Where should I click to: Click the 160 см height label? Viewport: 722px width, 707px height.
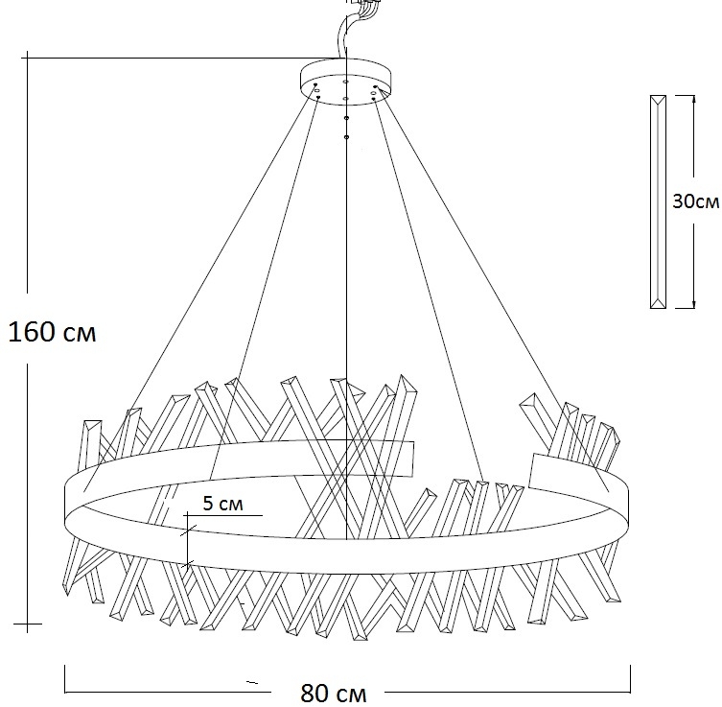tap(52, 333)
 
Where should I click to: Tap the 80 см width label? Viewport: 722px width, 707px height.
tap(333, 693)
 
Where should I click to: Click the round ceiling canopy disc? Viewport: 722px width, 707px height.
tap(346, 77)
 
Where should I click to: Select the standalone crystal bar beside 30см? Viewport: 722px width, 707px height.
tap(658, 201)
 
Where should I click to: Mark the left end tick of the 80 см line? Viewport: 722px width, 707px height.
tap(65, 678)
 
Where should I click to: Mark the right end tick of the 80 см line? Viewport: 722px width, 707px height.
tap(630, 678)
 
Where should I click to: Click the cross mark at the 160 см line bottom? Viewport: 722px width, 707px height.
tap(28, 626)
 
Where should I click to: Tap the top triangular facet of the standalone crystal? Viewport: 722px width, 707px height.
tap(658, 100)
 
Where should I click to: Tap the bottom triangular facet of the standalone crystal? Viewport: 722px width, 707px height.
tap(658, 302)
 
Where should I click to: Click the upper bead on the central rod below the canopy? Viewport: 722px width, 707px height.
tap(346, 118)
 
